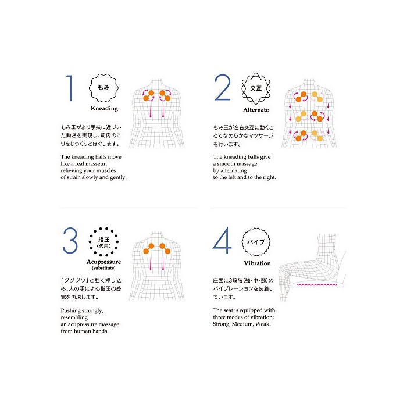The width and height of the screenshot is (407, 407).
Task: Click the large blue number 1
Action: [x=70, y=88]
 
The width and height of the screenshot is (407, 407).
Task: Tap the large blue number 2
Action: [x=223, y=87]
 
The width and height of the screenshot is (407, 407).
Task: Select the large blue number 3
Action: [x=70, y=240]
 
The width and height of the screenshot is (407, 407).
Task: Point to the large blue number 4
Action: [x=222, y=240]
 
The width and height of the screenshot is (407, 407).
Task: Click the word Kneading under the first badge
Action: [x=104, y=109]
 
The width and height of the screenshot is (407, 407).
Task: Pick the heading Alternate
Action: [x=256, y=110]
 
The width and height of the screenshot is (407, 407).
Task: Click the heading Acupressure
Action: [x=104, y=262]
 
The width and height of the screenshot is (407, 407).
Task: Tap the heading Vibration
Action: [x=257, y=263]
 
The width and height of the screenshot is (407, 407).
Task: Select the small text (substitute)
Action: [x=103, y=268]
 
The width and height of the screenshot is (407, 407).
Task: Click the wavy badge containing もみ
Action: [x=104, y=88]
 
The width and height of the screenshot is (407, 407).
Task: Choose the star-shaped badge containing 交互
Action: [x=256, y=88]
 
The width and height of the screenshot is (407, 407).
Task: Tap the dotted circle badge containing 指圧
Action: [x=104, y=242]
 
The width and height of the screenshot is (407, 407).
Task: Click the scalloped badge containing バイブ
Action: [x=256, y=242]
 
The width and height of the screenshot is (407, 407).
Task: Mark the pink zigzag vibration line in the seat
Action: [x=317, y=285]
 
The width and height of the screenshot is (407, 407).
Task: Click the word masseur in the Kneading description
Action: [x=96, y=164]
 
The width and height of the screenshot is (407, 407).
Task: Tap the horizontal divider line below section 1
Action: [x=128, y=208]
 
